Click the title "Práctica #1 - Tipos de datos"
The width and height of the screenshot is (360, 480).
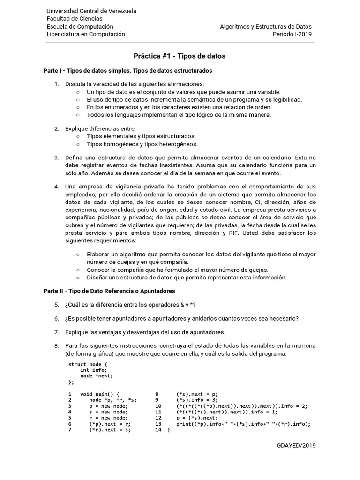pos(180,56)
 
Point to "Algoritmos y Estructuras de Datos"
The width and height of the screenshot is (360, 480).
pos(266,27)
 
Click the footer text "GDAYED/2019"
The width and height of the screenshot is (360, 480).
pos(296,445)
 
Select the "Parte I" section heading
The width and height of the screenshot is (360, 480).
pos(128,71)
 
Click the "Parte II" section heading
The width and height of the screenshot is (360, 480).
pos(109,291)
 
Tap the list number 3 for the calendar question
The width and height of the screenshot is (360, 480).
pos(56,157)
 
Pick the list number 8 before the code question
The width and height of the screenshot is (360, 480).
pos(56,346)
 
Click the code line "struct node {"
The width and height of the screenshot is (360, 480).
pos(88,364)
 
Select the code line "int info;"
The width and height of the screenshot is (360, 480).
pos(94,370)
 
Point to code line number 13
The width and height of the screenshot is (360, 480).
pos(158,424)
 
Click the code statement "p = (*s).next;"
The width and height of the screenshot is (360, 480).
pos(197,418)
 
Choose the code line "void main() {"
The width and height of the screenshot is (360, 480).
pos(100,394)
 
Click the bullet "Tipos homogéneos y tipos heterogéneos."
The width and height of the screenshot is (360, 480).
pos(142,144)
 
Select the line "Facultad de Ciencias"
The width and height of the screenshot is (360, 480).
pos(75,19)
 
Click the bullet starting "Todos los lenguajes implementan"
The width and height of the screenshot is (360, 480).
pos(179,114)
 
